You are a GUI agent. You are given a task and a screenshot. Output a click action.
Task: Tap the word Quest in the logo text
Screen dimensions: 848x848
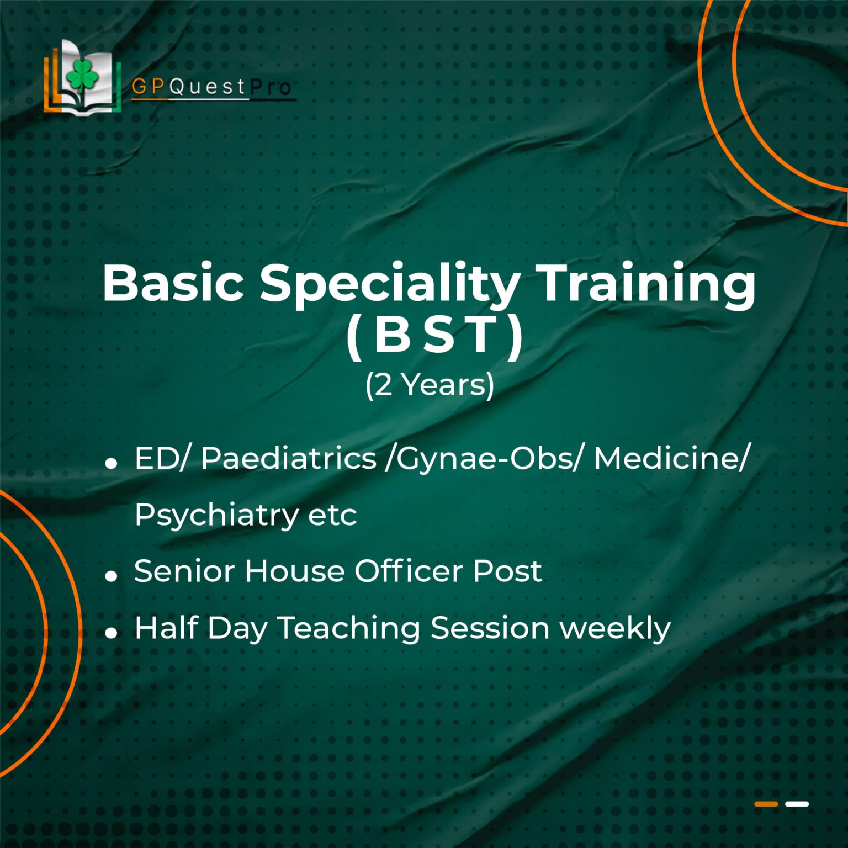tap(207, 87)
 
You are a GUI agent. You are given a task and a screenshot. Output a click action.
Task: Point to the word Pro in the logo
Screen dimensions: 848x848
tap(271, 87)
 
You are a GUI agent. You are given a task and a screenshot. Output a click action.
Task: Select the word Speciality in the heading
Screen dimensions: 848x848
tap(390, 287)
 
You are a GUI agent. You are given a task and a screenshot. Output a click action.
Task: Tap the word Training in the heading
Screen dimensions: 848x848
tap(646, 287)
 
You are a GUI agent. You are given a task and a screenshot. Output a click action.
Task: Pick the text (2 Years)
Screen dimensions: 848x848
tap(430, 385)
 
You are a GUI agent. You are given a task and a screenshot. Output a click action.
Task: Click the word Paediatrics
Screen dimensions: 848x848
tap(288, 458)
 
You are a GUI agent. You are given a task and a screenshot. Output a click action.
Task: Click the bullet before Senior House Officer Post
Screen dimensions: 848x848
tap(112, 576)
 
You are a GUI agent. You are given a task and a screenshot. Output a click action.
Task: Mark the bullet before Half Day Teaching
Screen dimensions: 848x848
tap(112, 633)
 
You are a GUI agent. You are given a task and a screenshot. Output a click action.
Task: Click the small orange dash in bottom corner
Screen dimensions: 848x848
tap(766, 804)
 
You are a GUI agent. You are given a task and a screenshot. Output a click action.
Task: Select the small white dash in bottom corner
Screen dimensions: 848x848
tap(797, 804)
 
